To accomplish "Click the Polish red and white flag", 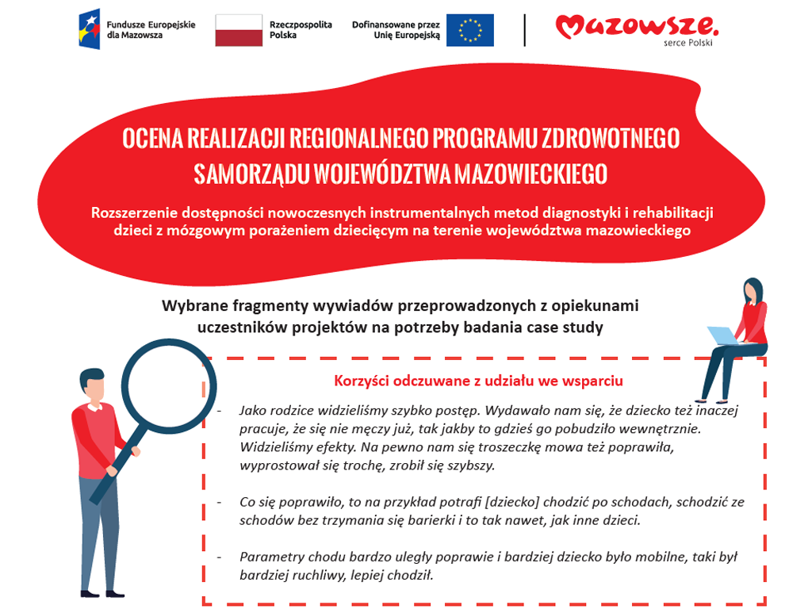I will click(239, 30).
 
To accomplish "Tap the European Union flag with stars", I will click(469, 30).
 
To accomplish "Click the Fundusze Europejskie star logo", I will click(90, 29).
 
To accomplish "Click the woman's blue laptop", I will click(722, 335).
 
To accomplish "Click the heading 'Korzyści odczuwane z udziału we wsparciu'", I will click(478, 381).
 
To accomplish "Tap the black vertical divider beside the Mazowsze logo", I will click(525, 30).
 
